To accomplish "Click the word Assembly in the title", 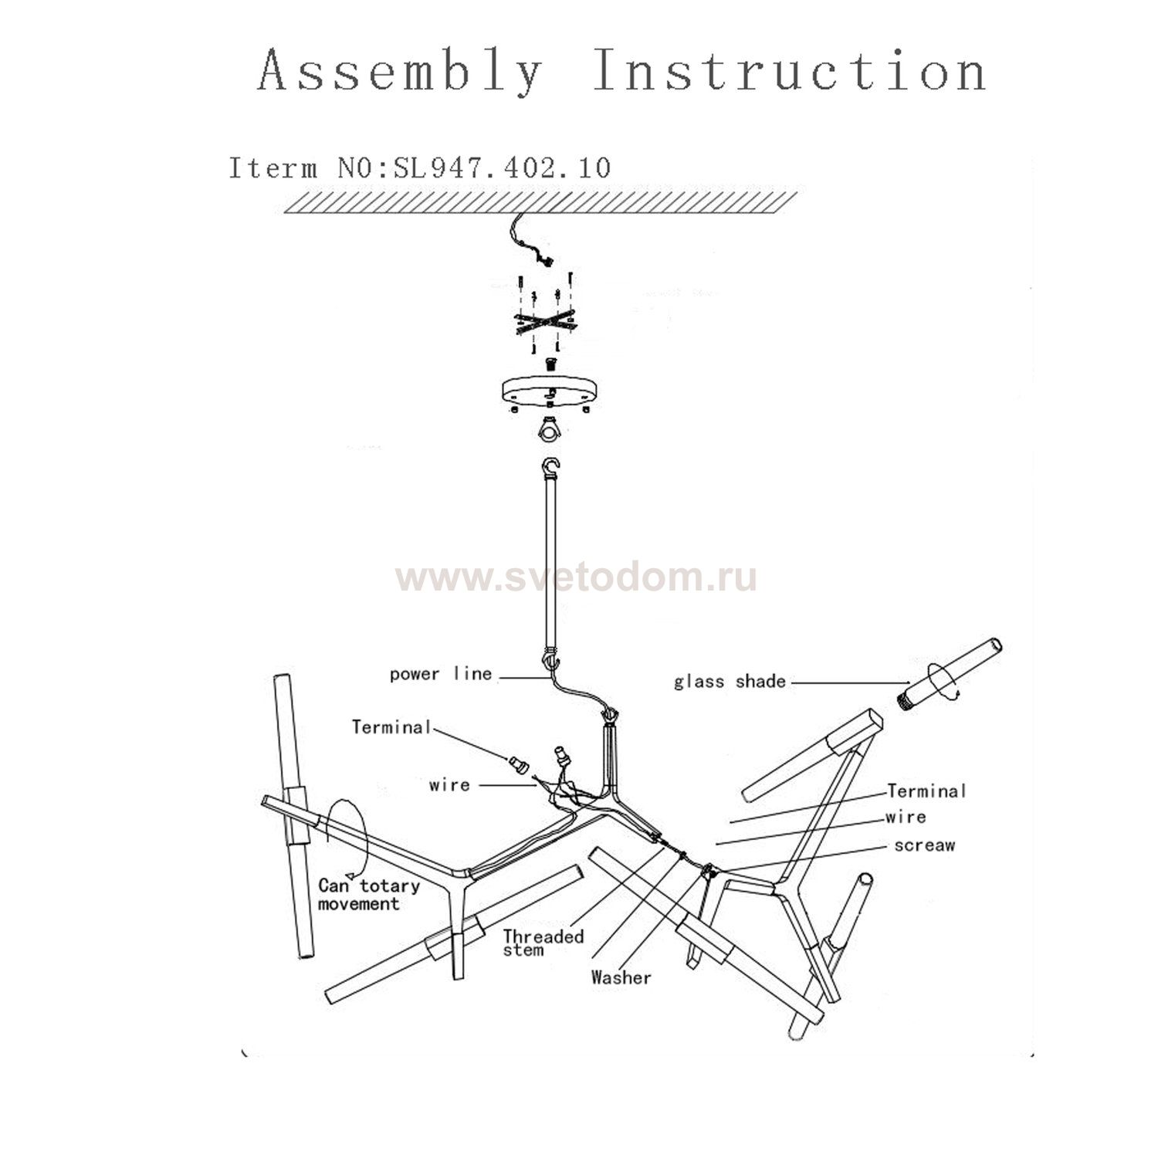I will tap(400, 71).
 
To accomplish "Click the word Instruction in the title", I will tap(790, 71).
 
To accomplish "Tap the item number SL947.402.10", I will tap(502, 168).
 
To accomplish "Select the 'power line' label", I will tap(441, 674).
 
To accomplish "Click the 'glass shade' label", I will tap(730, 682).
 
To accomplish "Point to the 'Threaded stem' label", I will tap(543, 943).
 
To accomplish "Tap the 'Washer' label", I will tap(621, 977).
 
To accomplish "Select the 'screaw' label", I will tap(924, 845).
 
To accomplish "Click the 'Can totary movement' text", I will tap(368, 895).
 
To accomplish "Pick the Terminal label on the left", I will tap(391, 727).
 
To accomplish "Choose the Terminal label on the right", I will tap(926, 791).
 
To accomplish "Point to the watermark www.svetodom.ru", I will tap(576, 577).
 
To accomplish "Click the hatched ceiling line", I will tap(540, 202).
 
